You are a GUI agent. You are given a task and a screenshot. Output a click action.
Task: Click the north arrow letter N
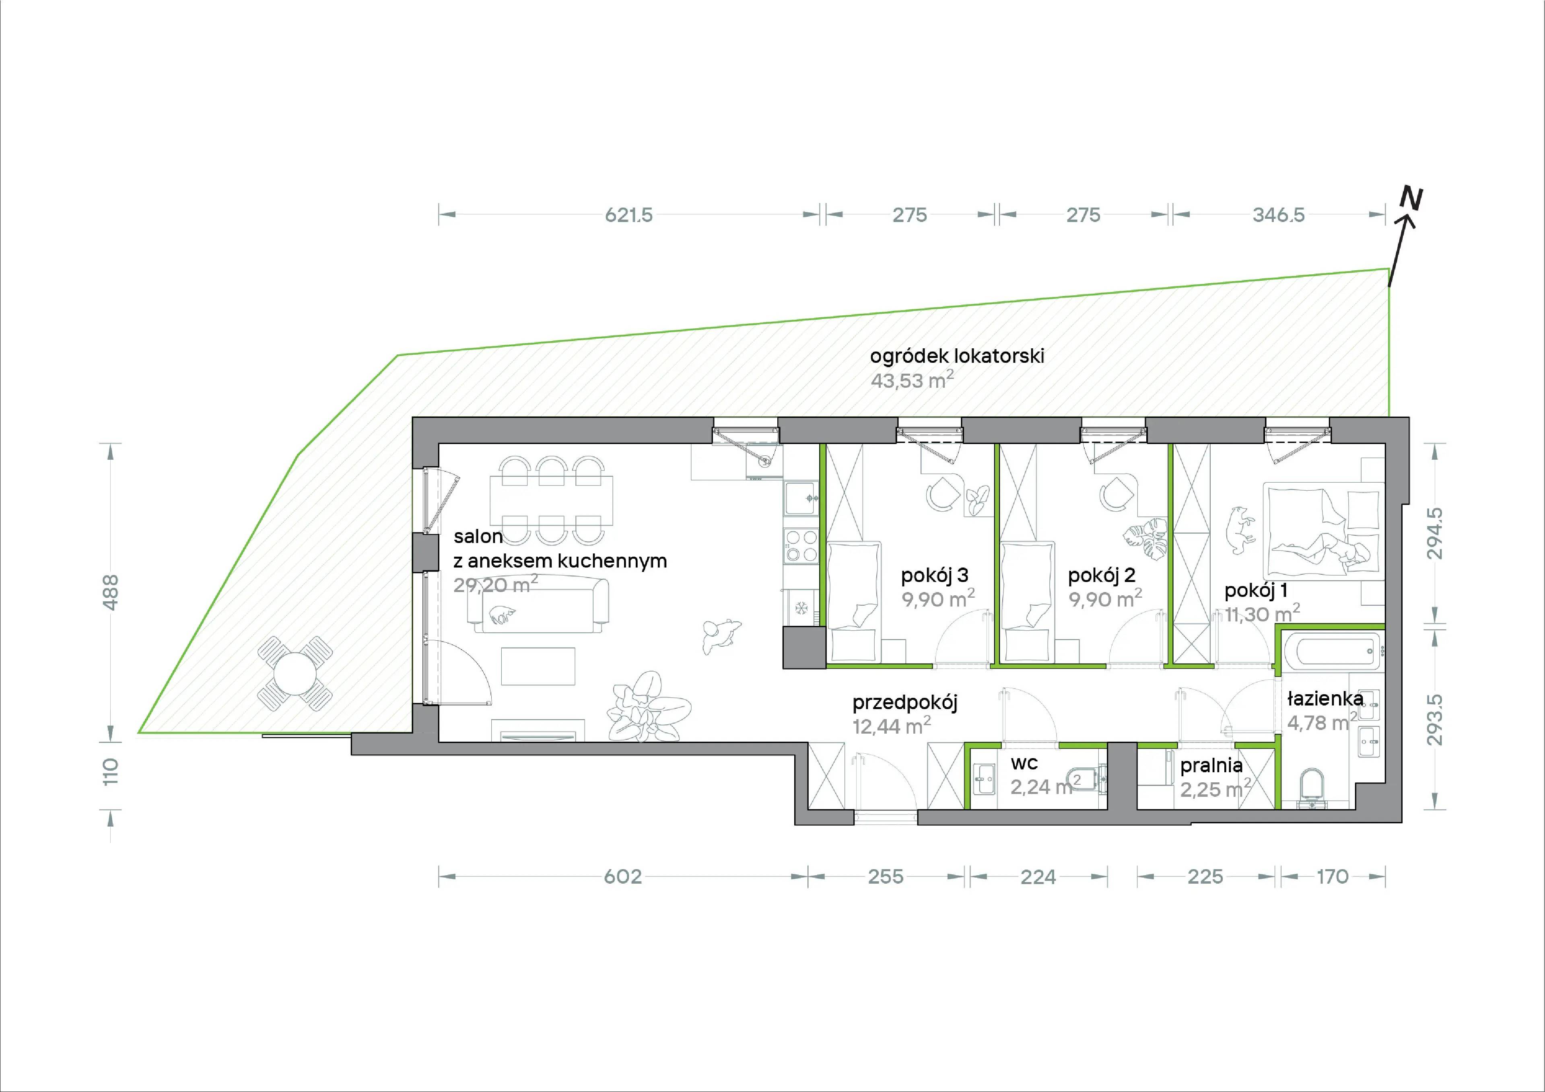pos(1411,198)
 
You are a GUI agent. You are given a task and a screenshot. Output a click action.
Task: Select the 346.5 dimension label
pos(1279,215)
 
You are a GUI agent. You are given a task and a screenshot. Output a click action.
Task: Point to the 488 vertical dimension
pos(112,592)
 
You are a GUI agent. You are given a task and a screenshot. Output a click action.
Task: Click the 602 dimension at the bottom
pos(623,877)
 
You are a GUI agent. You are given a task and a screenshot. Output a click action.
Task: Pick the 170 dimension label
pos(1332,877)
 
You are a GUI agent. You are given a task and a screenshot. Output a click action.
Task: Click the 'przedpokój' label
pos(904,703)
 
